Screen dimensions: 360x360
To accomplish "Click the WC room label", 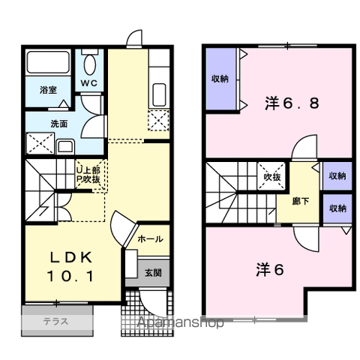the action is click(88, 83).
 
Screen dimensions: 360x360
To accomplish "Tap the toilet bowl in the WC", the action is click(90, 64).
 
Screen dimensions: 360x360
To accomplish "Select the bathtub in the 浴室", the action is click(48, 62).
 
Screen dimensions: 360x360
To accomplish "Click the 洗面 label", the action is click(59, 124).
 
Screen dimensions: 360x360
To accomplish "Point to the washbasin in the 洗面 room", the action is click(65, 146).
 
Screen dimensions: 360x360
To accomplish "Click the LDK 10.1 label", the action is click(70, 266).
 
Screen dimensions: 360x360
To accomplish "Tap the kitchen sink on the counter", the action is click(159, 94).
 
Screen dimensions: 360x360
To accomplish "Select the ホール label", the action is click(150, 239).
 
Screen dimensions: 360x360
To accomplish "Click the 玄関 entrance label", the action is click(153, 273).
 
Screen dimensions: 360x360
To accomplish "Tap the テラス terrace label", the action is click(55, 321).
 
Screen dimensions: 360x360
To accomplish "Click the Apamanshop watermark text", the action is click(181, 322).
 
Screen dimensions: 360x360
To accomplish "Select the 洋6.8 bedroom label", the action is click(292, 103).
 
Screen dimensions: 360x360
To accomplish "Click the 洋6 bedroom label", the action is click(270, 270).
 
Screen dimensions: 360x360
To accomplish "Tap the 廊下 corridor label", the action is click(301, 201).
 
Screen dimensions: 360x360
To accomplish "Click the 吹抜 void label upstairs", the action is click(272, 177).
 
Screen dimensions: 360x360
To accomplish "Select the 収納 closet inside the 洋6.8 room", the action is click(220, 79).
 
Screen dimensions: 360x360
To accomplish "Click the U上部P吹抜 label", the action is click(88, 175).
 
